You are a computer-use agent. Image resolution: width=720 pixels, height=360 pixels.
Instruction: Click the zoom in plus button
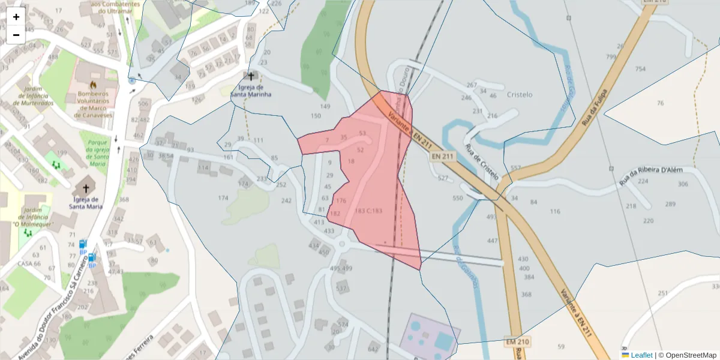pos(16,17)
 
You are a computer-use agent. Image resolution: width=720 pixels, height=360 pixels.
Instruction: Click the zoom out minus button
pos(16,35)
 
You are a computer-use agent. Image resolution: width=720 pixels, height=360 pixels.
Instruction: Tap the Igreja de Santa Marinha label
pos(251,91)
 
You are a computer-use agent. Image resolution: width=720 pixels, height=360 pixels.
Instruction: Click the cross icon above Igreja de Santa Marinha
pos(251,76)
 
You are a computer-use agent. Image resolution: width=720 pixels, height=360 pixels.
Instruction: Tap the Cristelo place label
pos(520,95)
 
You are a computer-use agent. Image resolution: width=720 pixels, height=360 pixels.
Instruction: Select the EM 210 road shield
pos(517,341)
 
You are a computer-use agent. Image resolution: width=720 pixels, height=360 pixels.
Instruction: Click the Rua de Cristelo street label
pos(482,162)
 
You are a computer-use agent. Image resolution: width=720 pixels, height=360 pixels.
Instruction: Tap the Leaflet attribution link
pos(641,355)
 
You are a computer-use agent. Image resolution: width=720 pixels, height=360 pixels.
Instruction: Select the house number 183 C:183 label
pos(368,211)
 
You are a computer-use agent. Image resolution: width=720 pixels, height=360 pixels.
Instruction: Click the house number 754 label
pos(640,69)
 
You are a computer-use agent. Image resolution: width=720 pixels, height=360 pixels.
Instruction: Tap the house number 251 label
pos(662,293)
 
